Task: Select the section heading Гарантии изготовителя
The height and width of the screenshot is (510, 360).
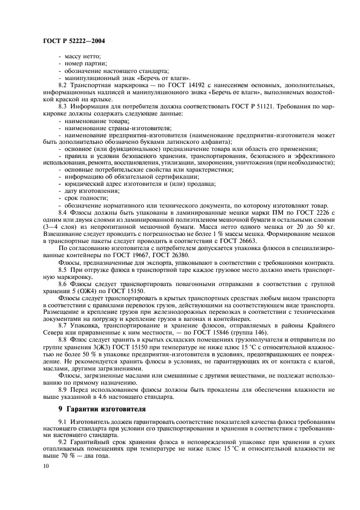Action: click(105, 409)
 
